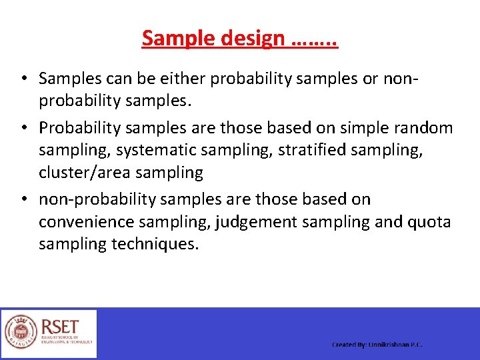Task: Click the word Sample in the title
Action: pyautogui.click(x=175, y=39)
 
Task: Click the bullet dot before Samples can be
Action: pyautogui.click(x=23, y=79)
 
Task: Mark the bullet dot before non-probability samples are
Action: pyautogui.click(x=23, y=199)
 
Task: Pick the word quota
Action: pyautogui.click(x=428, y=222)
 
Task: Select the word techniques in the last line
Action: pyautogui.click(x=156, y=244)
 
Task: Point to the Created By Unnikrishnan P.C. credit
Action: pyautogui.click(x=377, y=345)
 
